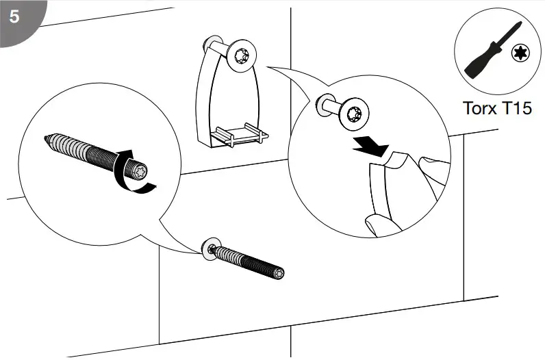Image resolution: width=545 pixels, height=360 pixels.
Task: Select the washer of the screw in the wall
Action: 211,250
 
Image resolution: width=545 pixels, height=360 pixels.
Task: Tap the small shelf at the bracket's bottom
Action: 237,134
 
